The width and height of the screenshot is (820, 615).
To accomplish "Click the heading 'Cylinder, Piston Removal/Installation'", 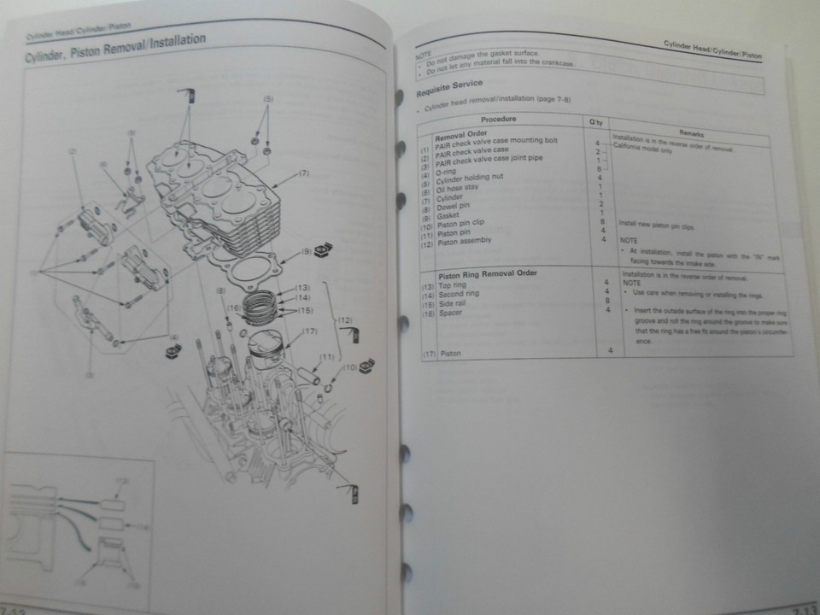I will [115, 50].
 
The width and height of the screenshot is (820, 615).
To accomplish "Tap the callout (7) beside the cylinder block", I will [303, 173].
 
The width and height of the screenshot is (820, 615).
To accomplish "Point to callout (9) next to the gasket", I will [305, 253].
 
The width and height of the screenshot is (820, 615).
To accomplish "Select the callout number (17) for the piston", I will [310, 331].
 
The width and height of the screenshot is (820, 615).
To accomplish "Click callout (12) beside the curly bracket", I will [345, 320].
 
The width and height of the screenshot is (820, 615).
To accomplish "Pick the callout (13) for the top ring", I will [302, 288].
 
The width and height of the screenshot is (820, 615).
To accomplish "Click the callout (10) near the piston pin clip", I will [349, 368].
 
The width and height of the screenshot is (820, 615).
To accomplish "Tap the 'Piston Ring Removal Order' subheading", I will [488, 276].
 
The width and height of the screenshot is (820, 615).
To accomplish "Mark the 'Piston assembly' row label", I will [465, 242].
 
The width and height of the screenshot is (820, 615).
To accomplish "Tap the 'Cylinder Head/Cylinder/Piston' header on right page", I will [712, 48].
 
